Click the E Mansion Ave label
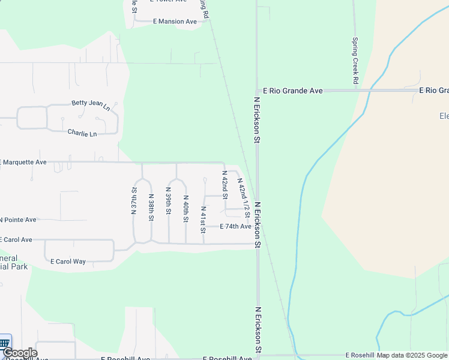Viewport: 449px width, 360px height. pos(175,22)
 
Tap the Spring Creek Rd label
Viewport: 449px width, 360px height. pos(355,61)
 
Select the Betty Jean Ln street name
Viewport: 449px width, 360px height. pos(91,104)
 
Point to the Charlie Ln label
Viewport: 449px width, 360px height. pos(82,133)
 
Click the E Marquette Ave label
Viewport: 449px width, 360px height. pos(24,162)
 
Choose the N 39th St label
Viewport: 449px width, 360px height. pos(169,205)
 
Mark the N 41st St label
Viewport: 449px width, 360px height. pos(203,220)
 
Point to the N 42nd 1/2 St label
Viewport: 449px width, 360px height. pos(244,197)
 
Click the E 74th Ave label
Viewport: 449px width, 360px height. pos(235,226)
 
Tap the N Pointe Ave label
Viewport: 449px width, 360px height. pos(18,220)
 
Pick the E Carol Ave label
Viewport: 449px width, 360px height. pos(16,239)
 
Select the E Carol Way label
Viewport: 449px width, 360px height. pos(68,262)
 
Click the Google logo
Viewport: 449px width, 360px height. pos(20,353)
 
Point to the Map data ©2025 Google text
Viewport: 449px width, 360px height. pos(412,355)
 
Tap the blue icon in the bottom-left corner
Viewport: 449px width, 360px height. pos(5,343)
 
